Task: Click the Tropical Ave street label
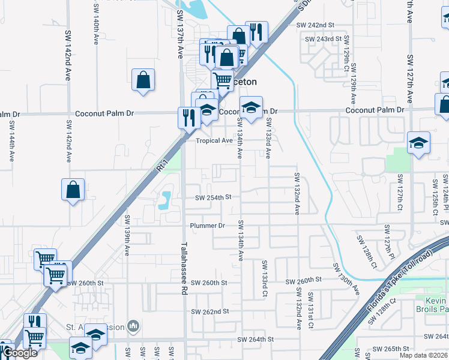tap(214, 140)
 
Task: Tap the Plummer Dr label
tap(207, 226)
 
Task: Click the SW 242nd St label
tap(315, 25)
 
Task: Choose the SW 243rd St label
tap(324, 38)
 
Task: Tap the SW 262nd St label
tap(210, 311)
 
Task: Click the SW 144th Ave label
tap(11, 142)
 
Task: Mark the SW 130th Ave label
tap(349, 278)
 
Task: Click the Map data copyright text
tap(423, 355)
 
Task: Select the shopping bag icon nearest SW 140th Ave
tap(143, 80)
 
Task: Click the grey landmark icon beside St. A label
tap(133, 327)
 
